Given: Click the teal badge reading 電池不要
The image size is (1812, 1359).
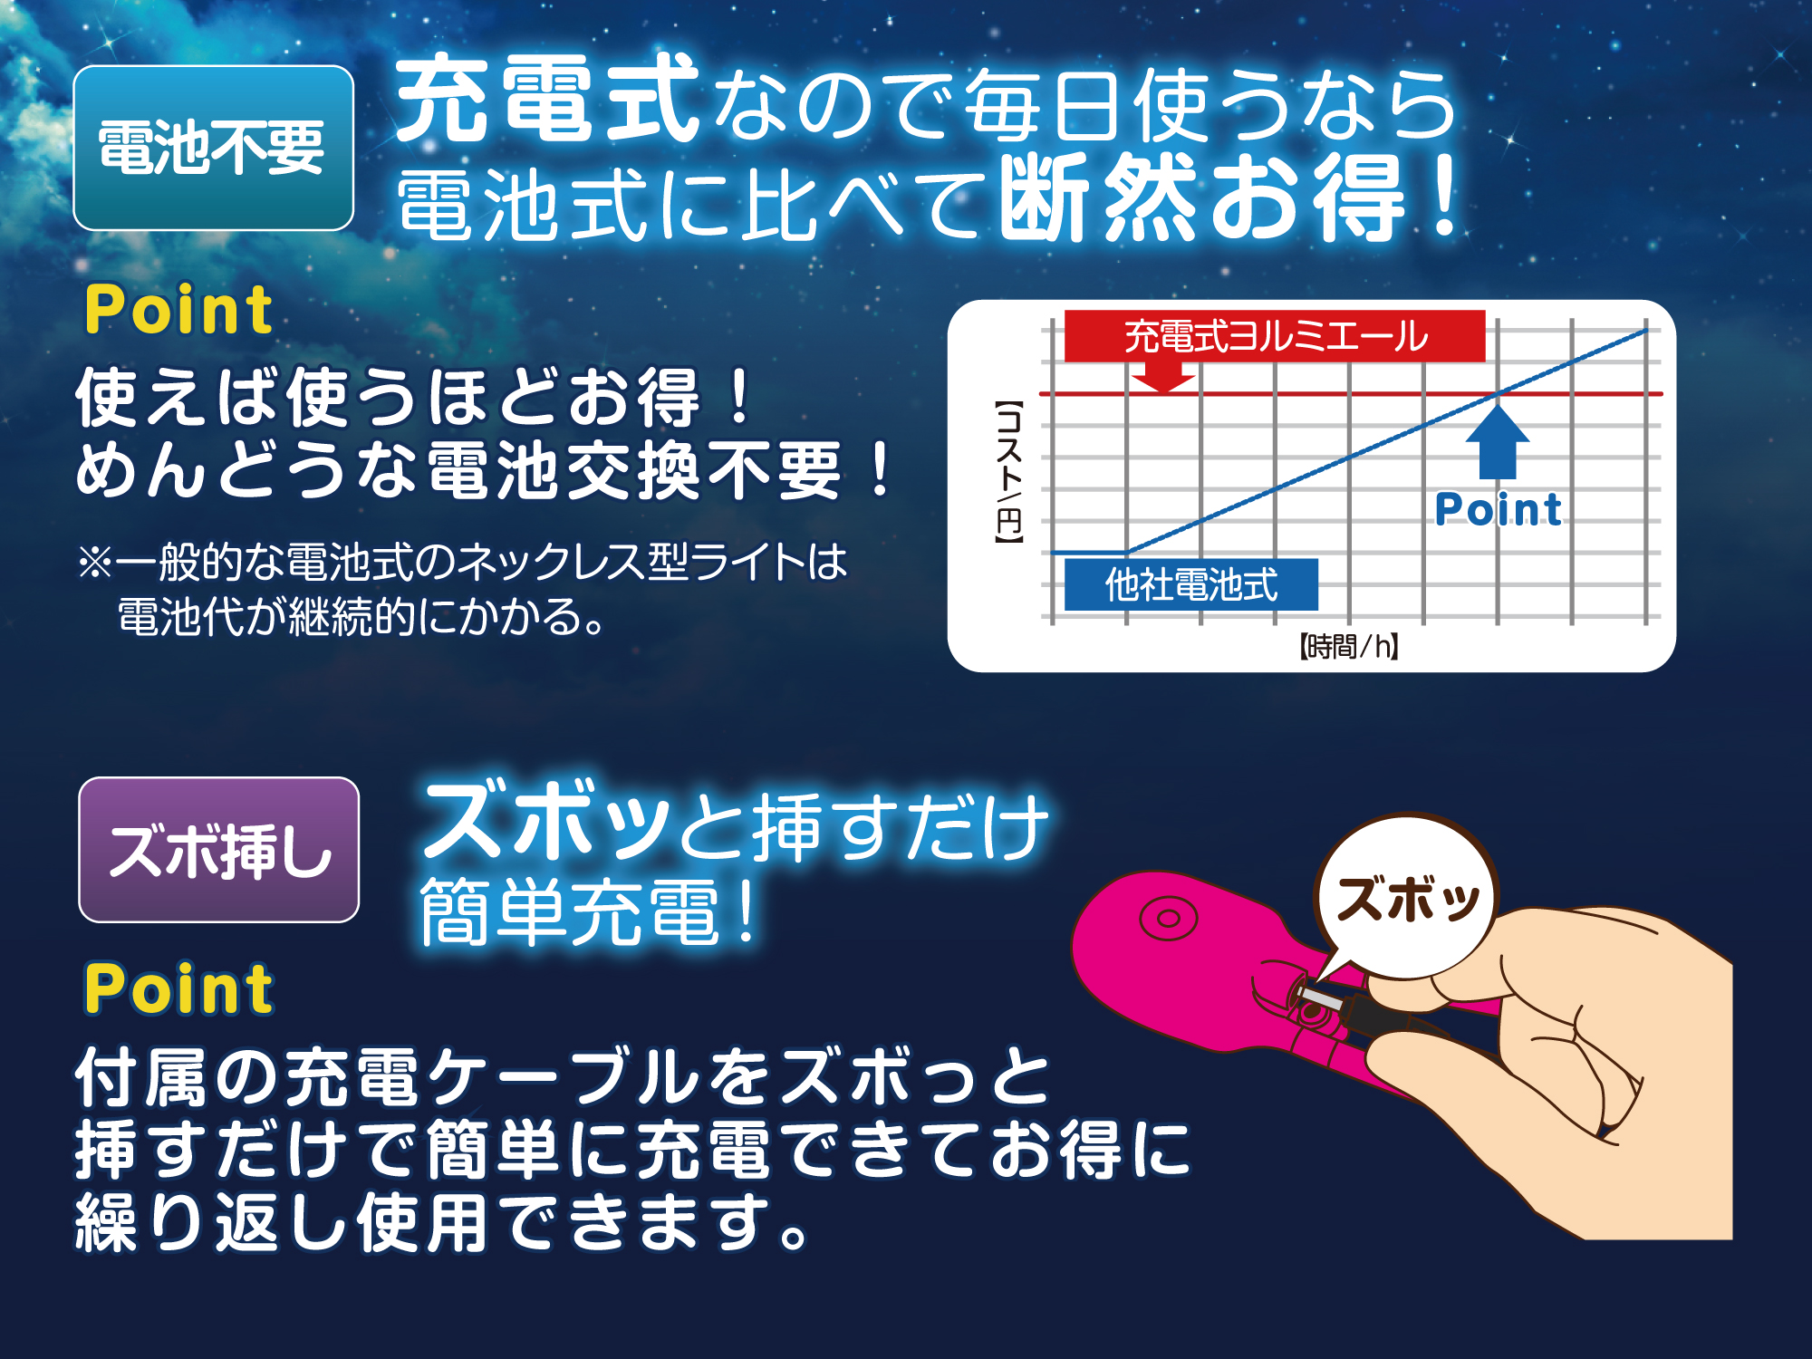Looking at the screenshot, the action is click(213, 148).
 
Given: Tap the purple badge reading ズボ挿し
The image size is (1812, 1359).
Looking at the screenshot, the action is click(219, 850).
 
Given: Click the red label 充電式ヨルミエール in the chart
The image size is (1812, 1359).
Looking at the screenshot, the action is click(1275, 336).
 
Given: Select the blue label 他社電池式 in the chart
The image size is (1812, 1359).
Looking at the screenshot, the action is click(1190, 584).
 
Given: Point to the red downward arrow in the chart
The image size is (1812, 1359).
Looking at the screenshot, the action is click(1163, 375).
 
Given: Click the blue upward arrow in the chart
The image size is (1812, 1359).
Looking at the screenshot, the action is click(1498, 442).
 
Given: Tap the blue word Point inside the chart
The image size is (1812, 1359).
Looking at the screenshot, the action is click(1499, 509).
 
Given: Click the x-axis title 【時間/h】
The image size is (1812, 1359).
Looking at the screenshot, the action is click(1349, 647).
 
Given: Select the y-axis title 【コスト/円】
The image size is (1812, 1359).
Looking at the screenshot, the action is click(1009, 472).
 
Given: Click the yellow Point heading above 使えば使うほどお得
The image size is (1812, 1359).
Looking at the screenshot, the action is click(178, 310).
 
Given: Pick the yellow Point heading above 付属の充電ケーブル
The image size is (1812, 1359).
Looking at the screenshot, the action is click(178, 988).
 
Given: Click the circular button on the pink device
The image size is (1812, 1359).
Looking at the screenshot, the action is click(1168, 919).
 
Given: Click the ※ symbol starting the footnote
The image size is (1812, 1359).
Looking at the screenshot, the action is click(94, 563).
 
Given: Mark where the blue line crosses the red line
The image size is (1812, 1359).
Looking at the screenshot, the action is click(1499, 393).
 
